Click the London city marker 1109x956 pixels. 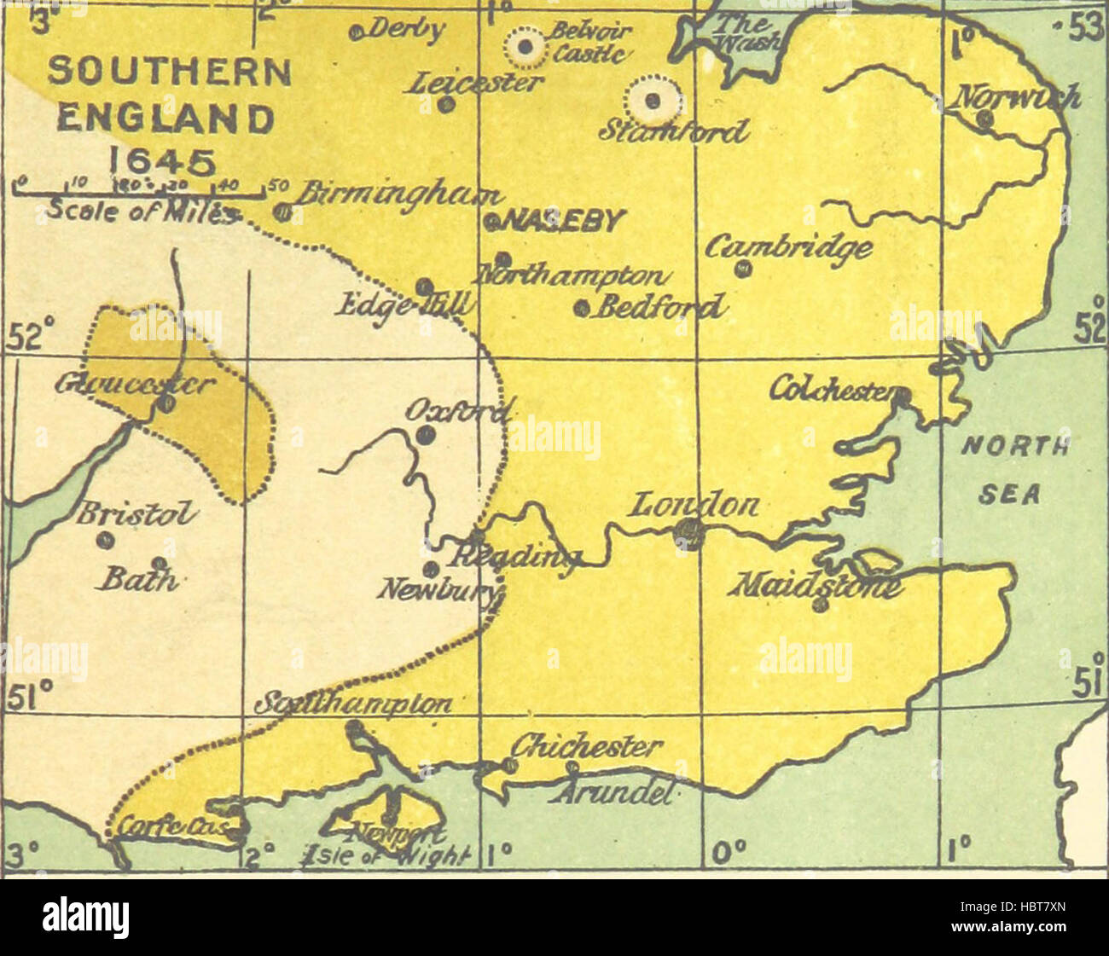tap(688, 534)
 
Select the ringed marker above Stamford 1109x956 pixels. tap(653, 101)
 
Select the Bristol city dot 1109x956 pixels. tap(107, 540)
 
